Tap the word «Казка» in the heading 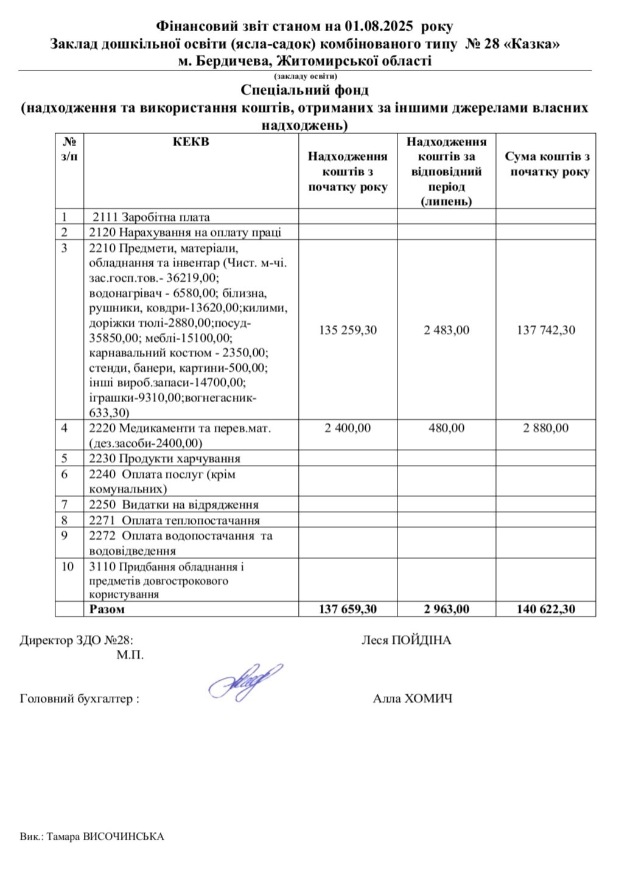(x=533, y=44)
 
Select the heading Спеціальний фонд (x=304, y=91)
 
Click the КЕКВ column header (x=191, y=142)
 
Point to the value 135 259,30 (x=348, y=330)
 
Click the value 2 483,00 (x=447, y=330)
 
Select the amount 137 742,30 (x=546, y=330)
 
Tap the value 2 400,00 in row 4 (x=348, y=428)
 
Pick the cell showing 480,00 (x=447, y=428)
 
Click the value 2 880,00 (x=546, y=428)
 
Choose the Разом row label (x=107, y=609)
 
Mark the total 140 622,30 (x=546, y=609)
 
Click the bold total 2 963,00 (x=447, y=609)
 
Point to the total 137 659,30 (x=348, y=609)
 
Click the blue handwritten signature (x=245, y=682)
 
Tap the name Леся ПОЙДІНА (x=407, y=641)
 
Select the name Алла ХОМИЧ (x=413, y=699)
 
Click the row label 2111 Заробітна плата (x=151, y=217)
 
